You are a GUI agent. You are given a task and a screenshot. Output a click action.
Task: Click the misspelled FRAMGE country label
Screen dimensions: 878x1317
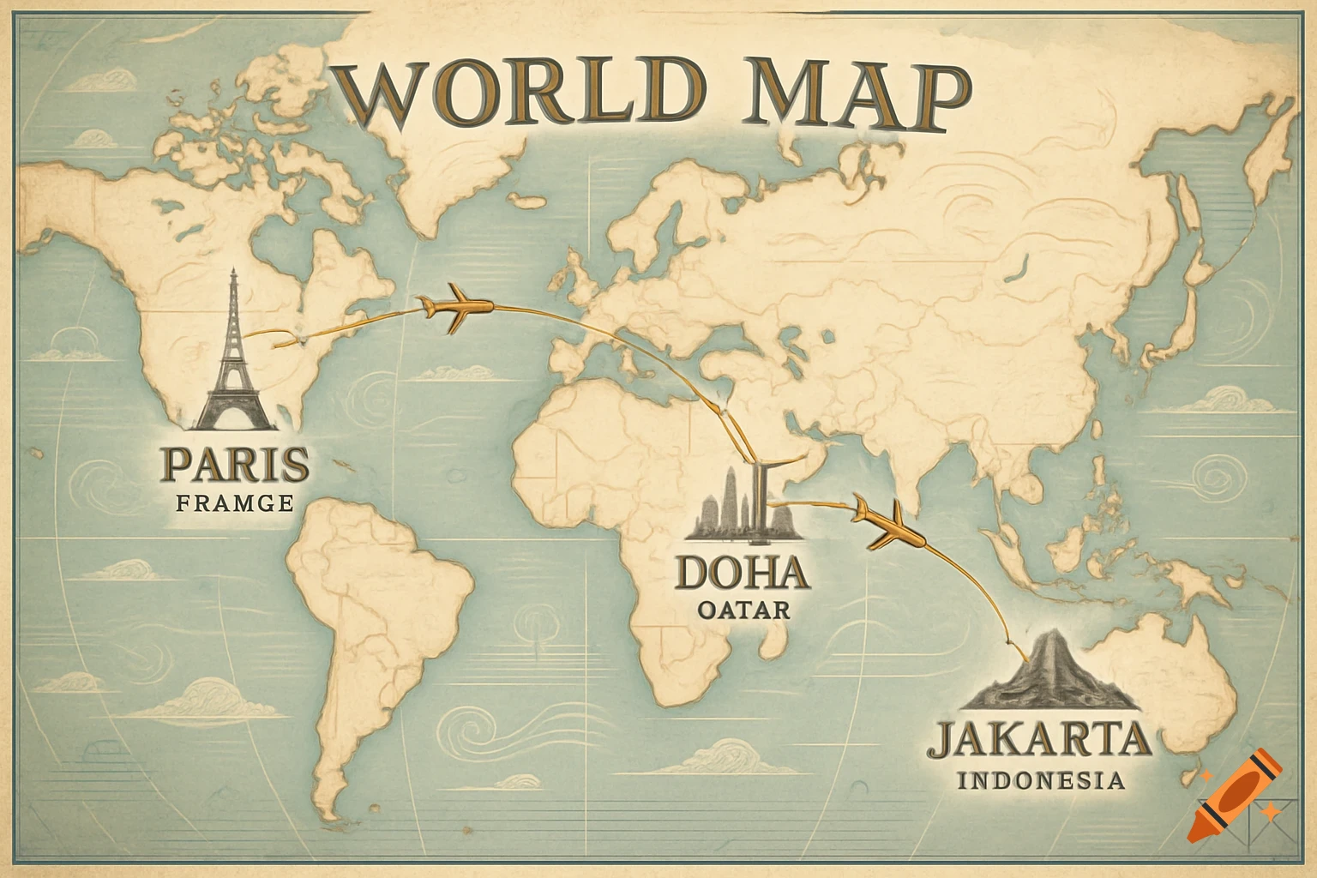235,503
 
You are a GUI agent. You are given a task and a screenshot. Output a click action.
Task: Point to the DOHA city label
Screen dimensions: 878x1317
743,573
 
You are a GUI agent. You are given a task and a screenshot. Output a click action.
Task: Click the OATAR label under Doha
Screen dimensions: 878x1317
743,610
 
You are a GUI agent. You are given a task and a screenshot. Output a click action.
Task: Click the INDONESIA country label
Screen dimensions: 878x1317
1040,780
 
